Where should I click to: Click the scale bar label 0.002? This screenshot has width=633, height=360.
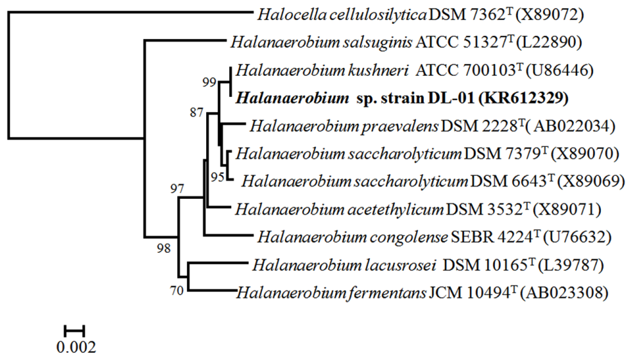click(x=75, y=348)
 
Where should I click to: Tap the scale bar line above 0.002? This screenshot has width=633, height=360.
click(x=74, y=330)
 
